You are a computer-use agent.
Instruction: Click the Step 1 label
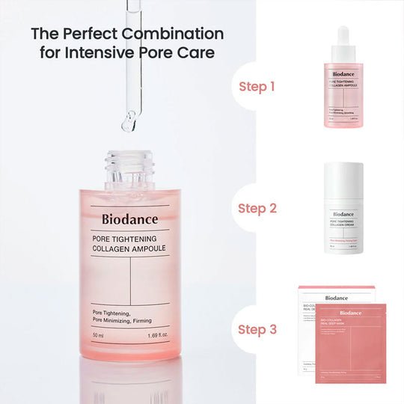[x=257, y=86]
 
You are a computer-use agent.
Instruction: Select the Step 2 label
[x=257, y=208]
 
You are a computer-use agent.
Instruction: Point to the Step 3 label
[x=257, y=329]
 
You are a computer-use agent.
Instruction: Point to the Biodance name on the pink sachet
[x=355, y=313]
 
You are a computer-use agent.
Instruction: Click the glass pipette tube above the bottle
[x=129, y=60]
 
